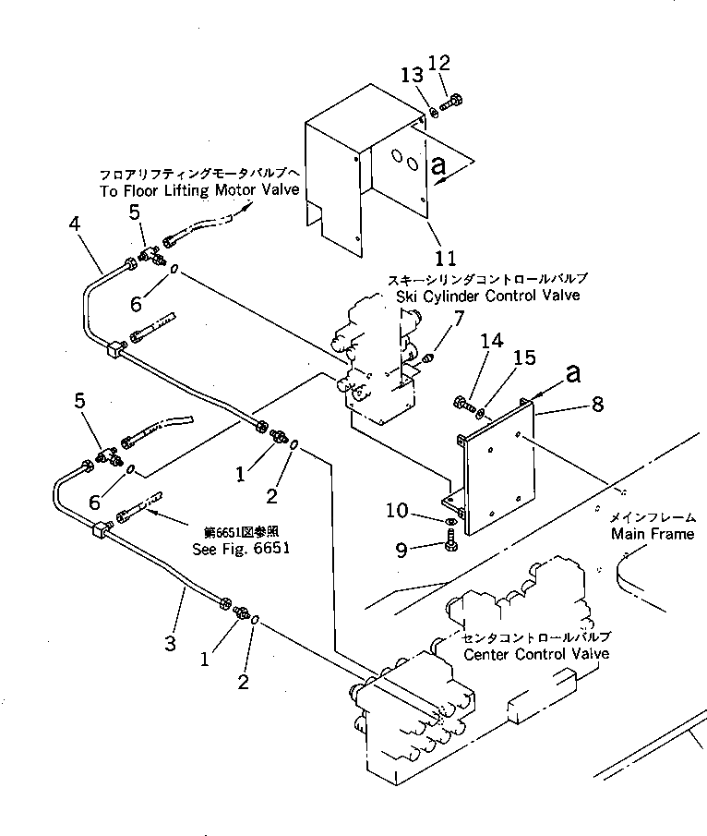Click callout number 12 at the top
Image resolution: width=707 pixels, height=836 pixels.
[x=440, y=63]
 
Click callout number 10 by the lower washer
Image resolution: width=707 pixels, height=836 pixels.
[x=421, y=511]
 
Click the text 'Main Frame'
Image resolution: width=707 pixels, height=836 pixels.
[x=652, y=534]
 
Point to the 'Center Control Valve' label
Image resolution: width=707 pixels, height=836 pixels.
[x=535, y=654]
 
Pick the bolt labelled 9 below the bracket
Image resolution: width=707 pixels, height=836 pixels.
[x=452, y=546]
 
